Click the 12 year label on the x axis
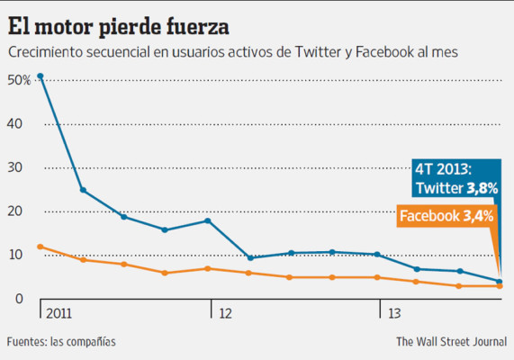(223, 313)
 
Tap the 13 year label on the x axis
(393, 313)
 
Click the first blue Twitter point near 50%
(41, 76)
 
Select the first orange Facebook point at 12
(41, 247)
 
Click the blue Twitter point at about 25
(83, 190)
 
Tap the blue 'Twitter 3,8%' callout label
(455, 188)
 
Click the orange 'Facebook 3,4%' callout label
(446, 216)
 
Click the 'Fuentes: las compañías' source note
(61, 342)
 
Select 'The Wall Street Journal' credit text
(449, 342)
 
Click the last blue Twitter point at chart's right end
(500, 281)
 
